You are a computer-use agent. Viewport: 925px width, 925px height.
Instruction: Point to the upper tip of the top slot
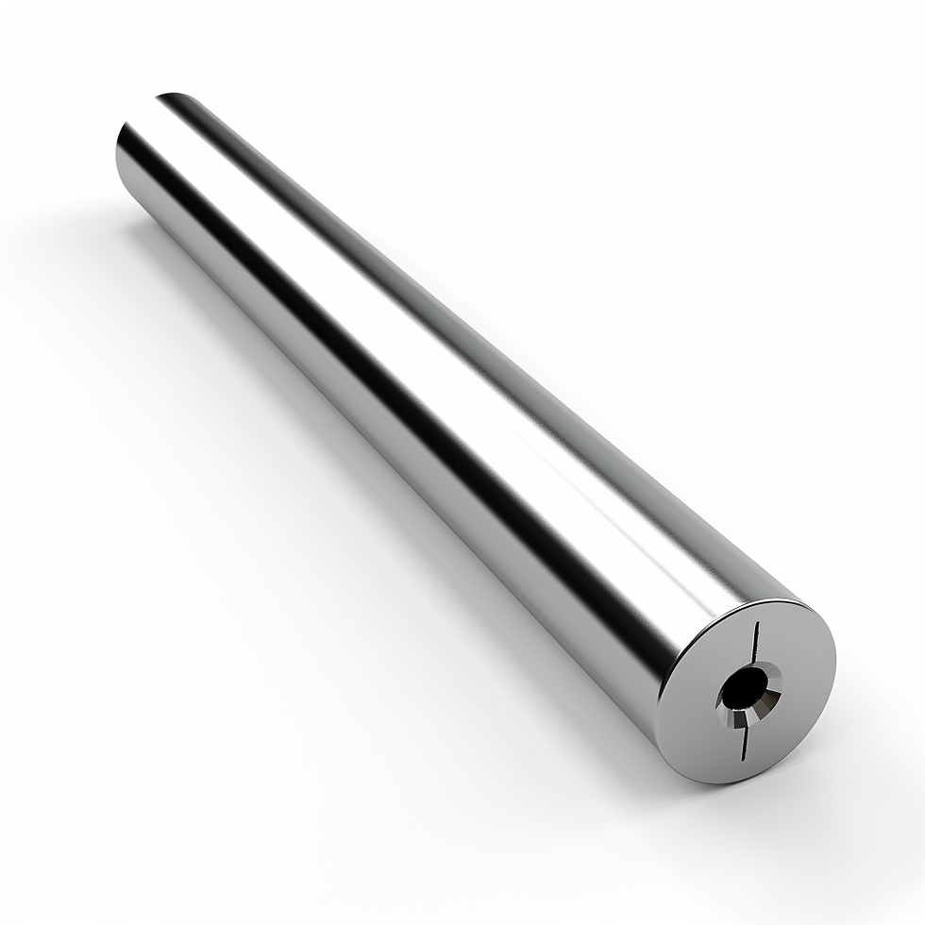tap(758, 623)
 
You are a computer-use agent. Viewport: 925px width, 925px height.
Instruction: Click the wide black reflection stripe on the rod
tap(396, 396)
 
